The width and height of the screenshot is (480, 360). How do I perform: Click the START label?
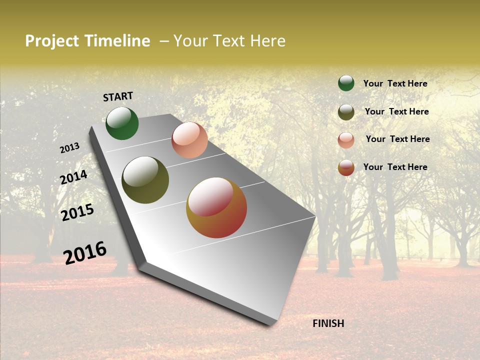[118, 96]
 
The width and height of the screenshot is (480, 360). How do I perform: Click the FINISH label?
[328, 323]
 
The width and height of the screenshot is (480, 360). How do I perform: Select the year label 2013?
[69, 148]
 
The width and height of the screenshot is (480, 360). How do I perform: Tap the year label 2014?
[73, 177]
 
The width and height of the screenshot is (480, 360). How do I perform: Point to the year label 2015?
[77, 212]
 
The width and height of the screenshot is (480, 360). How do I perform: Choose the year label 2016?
[85, 253]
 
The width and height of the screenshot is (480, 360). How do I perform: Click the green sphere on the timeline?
[122, 123]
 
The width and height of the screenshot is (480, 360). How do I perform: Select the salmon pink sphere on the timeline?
[189, 140]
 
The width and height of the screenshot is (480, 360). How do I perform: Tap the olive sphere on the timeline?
[145, 180]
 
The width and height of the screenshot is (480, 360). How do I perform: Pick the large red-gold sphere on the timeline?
[216, 207]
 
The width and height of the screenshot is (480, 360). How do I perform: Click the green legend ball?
[346, 83]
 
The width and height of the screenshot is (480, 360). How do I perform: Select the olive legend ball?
[346, 112]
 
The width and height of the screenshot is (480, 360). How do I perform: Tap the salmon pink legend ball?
[346, 140]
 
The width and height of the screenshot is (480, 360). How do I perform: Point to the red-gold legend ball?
[346, 167]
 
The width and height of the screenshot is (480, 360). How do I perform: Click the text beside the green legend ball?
[395, 84]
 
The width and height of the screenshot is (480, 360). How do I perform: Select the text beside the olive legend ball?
[396, 111]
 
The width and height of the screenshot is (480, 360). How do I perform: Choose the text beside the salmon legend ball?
[397, 139]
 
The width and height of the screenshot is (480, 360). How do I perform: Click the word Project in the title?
[52, 41]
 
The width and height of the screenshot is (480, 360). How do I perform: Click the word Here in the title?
[267, 41]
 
